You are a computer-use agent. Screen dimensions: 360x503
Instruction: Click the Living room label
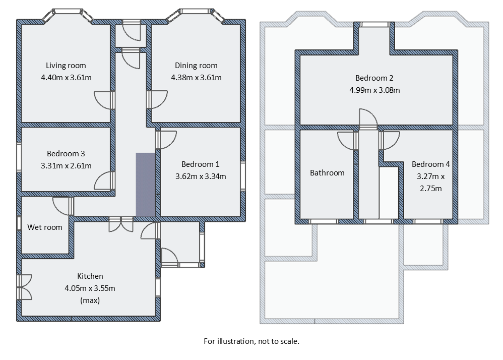[66, 66]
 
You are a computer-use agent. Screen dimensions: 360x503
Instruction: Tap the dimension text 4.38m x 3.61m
[196, 78]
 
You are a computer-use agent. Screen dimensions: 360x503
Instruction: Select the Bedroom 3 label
[66, 154]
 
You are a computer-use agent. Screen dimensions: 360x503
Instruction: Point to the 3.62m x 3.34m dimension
[200, 176]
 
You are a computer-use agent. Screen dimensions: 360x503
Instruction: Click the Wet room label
[45, 227]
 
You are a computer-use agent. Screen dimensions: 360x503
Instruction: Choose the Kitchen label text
[90, 276]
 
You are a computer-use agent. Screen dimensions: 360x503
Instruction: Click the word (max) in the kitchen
[90, 301]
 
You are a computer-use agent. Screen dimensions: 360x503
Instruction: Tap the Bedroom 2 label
[374, 78]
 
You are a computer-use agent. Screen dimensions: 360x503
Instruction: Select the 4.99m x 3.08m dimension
[374, 90]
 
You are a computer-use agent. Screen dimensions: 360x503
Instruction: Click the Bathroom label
[327, 173]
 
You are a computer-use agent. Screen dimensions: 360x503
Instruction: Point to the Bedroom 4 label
[430, 164]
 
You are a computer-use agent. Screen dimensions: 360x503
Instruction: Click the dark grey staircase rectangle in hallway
[145, 185]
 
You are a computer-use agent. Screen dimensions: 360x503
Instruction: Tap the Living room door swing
[104, 99]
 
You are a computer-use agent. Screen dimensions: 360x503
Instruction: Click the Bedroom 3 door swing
[104, 181]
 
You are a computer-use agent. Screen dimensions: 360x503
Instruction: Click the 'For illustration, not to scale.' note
[251, 341]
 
